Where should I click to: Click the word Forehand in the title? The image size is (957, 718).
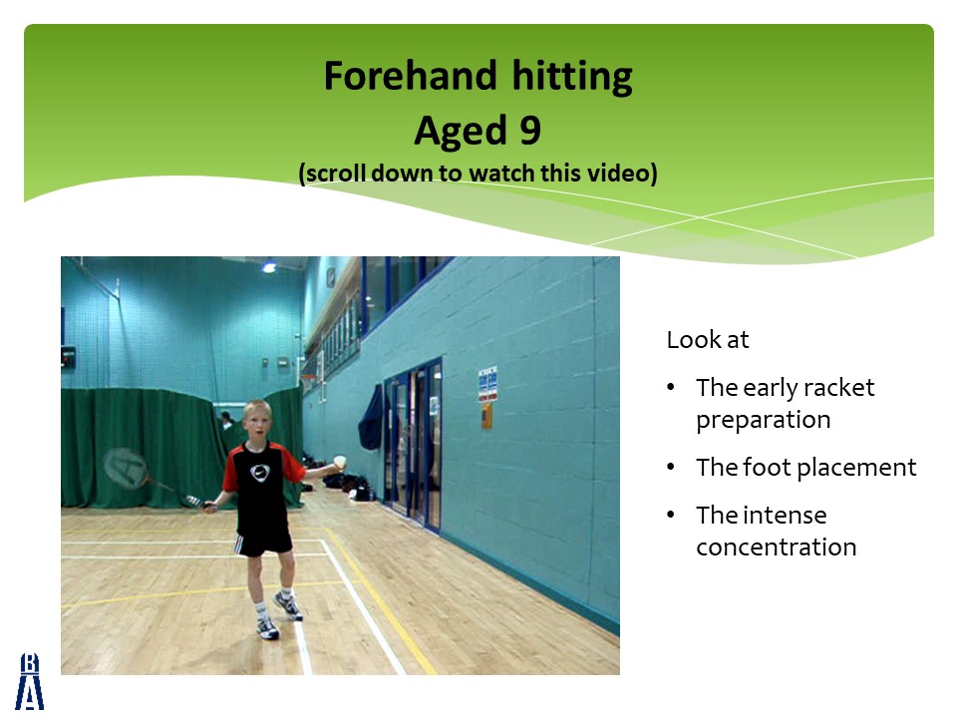[x=410, y=76]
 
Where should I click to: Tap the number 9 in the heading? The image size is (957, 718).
[x=530, y=130]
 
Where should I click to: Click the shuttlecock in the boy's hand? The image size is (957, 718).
[x=340, y=462]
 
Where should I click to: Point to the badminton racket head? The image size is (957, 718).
[x=126, y=467]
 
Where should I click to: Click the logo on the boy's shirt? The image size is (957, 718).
[x=259, y=473]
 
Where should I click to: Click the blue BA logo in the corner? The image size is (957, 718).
[x=29, y=681]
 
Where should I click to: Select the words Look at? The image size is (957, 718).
[x=708, y=340]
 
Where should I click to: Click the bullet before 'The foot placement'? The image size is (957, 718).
[x=671, y=467]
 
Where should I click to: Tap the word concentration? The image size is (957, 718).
[x=777, y=547]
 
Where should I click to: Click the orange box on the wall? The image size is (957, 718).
[x=486, y=415]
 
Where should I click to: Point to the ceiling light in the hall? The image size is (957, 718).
[x=269, y=267]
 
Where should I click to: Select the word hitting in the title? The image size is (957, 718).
[x=572, y=77]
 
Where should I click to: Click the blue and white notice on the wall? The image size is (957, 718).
[x=487, y=383]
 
